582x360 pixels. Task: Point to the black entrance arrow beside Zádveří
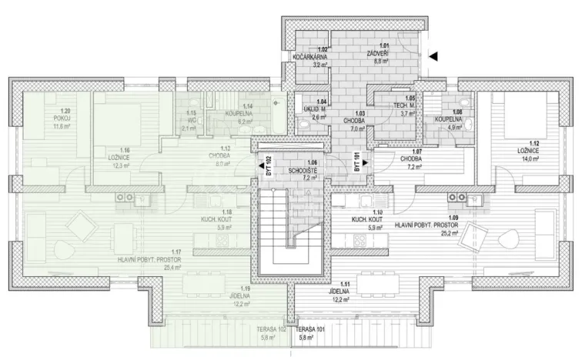433,55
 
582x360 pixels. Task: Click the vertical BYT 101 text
356,165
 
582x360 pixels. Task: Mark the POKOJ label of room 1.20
41,118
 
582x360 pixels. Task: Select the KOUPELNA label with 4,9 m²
448,121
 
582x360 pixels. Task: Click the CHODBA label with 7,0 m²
354,121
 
